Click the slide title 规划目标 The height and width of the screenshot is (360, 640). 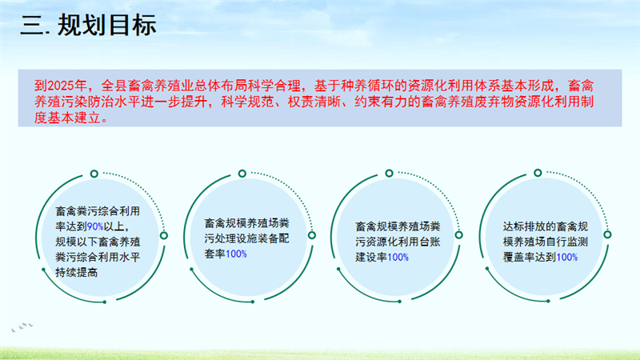click(107, 26)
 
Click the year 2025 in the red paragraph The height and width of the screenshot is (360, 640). click(61, 86)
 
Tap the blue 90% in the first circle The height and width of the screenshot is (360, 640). click(95, 226)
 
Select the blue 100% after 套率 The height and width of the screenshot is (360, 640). click(236, 254)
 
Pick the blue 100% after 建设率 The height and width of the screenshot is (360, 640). click(398, 257)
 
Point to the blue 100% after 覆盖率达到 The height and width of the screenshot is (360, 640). click(567, 257)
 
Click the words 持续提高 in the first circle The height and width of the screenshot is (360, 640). click(77, 273)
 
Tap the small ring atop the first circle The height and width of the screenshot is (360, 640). click(94, 174)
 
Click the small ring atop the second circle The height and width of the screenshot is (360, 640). click(242, 174)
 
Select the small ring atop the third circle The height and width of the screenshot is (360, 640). click(389, 174)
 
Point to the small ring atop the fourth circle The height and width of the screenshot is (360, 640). click(538, 173)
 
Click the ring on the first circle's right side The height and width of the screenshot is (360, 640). click(164, 235)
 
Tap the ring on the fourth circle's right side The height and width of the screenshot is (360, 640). click(607, 234)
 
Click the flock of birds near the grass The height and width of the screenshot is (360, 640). click(22, 327)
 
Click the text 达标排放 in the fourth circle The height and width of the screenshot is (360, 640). click(524, 226)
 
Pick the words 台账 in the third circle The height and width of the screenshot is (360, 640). click(430, 242)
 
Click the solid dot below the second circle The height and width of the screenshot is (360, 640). click(253, 302)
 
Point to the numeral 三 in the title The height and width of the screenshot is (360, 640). click(32, 26)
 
